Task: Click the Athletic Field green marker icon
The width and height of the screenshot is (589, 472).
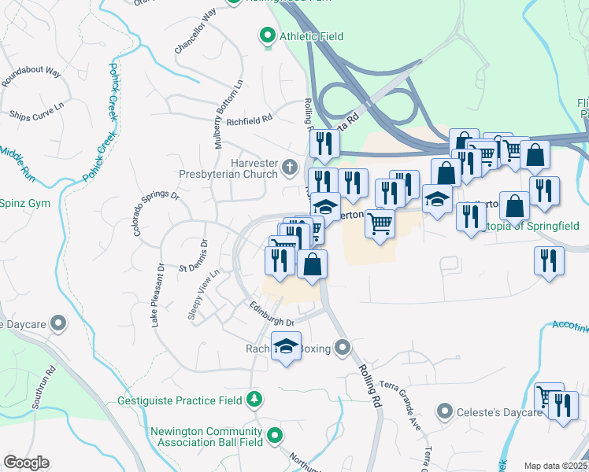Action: pos(267,36)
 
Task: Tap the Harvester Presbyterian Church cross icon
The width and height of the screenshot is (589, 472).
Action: pos(290,166)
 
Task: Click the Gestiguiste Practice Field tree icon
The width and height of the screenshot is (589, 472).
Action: pos(254,400)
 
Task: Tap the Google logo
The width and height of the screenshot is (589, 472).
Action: pos(26,463)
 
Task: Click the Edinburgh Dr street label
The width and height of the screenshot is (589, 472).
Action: pos(272,316)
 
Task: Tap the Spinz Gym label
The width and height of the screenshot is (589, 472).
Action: pos(24,203)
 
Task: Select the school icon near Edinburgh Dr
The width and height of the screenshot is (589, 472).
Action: pos(287,345)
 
